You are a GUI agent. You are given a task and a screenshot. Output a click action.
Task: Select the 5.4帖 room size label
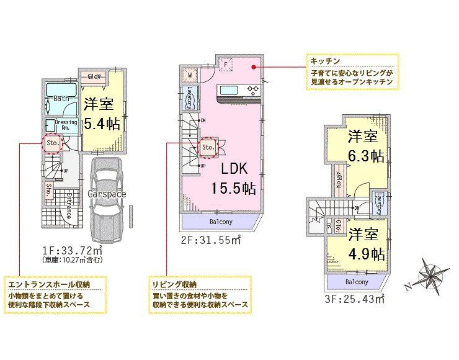102,123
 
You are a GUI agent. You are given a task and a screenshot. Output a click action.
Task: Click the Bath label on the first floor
61,99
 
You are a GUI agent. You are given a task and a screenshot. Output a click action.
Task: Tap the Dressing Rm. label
66,125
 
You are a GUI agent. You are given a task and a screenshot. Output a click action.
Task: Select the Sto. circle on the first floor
52,144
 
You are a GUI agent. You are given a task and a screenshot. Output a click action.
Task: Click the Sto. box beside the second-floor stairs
207,147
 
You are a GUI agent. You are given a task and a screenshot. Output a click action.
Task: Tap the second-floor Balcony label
220,222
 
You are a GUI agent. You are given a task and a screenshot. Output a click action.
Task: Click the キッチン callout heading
324,62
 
